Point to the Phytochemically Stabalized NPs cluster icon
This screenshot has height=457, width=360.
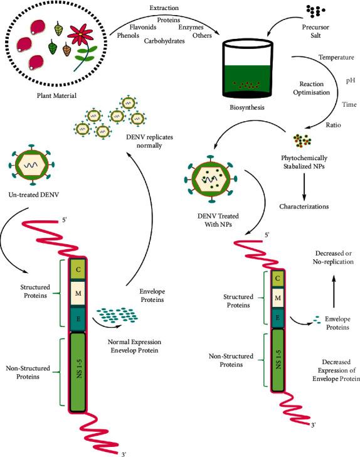pyautogui.click(x=301, y=139)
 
